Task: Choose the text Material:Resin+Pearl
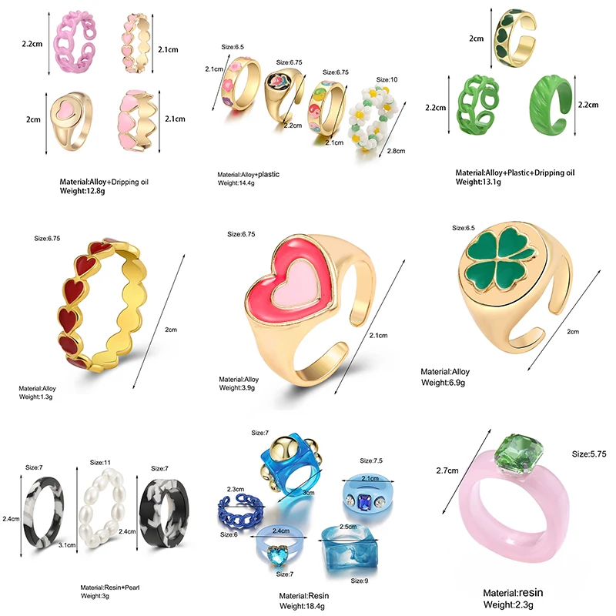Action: click(109, 588)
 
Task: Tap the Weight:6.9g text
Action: click(442, 382)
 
